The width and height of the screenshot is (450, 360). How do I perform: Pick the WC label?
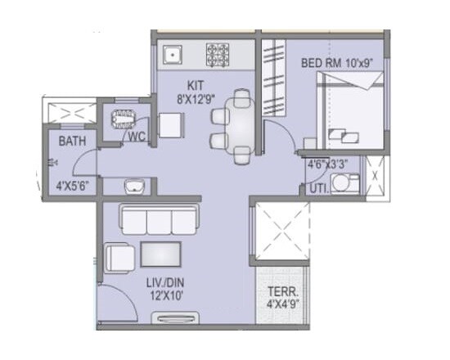pyautogui.click(x=136, y=137)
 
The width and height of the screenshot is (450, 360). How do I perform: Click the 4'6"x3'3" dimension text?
pyautogui.click(x=326, y=164)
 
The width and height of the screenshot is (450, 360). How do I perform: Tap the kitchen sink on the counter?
pyautogui.click(x=173, y=55)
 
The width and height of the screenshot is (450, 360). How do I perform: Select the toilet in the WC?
pyautogui.click(x=125, y=116)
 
